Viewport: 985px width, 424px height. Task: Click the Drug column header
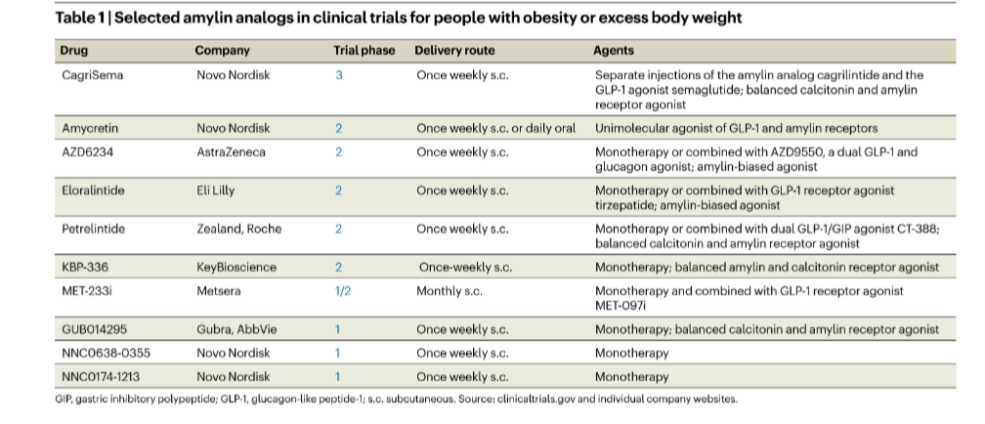[x=74, y=50]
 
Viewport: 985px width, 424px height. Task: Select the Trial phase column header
[x=364, y=50]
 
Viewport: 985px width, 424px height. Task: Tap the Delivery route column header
[x=454, y=50]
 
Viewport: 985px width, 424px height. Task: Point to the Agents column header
[x=614, y=50]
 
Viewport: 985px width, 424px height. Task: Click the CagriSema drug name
[x=92, y=75]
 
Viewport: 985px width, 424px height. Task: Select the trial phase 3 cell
[x=339, y=75]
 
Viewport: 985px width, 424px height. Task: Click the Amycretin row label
[x=90, y=128]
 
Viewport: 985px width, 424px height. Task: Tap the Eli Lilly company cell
[x=215, y=191]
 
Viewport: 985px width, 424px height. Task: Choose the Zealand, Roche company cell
[x=239, y=230]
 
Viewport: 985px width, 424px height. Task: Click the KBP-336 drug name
[x=85, y=268]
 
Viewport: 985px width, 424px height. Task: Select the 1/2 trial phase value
[x=343, y=291]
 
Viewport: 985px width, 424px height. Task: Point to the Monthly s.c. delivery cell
[x=450, y=291]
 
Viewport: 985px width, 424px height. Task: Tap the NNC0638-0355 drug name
[x=107, y=353]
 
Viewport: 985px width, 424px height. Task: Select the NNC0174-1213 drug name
[x=101, y=377]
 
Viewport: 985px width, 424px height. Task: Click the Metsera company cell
[x=219, y=291]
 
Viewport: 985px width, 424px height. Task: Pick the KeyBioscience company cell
[x=236, y=268]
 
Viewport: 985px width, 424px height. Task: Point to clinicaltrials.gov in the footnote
[x=536, y=399]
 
